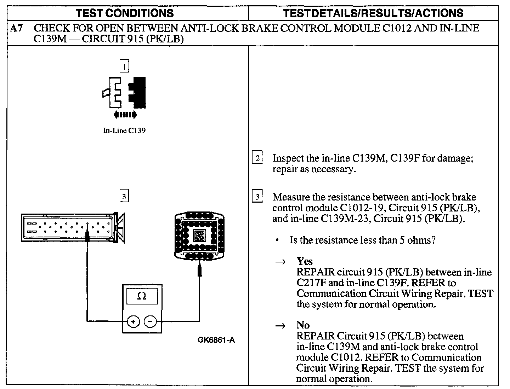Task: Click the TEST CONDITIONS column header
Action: (x=125, y=13)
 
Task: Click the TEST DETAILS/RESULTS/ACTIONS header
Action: (x=373, y=13)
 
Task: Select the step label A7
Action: (x=16, y=28)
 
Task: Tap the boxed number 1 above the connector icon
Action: (x=124, y=66)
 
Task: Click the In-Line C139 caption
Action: (x=124, y=131)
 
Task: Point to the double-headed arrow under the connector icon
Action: (x=125, y=115)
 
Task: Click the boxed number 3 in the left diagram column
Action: (x=124, y=196)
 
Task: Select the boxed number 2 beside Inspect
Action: (x=257, y=158)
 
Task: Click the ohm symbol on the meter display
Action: (x=141, y=296)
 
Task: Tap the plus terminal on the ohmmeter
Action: (x=133, y=321)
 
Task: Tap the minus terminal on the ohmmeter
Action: (x=150, y=321)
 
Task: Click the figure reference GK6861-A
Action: (x=216, y=340)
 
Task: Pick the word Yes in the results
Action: (x=305, y=261)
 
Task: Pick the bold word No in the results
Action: (x=303, y=325)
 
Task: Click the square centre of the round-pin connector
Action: (x=199, y=235)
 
